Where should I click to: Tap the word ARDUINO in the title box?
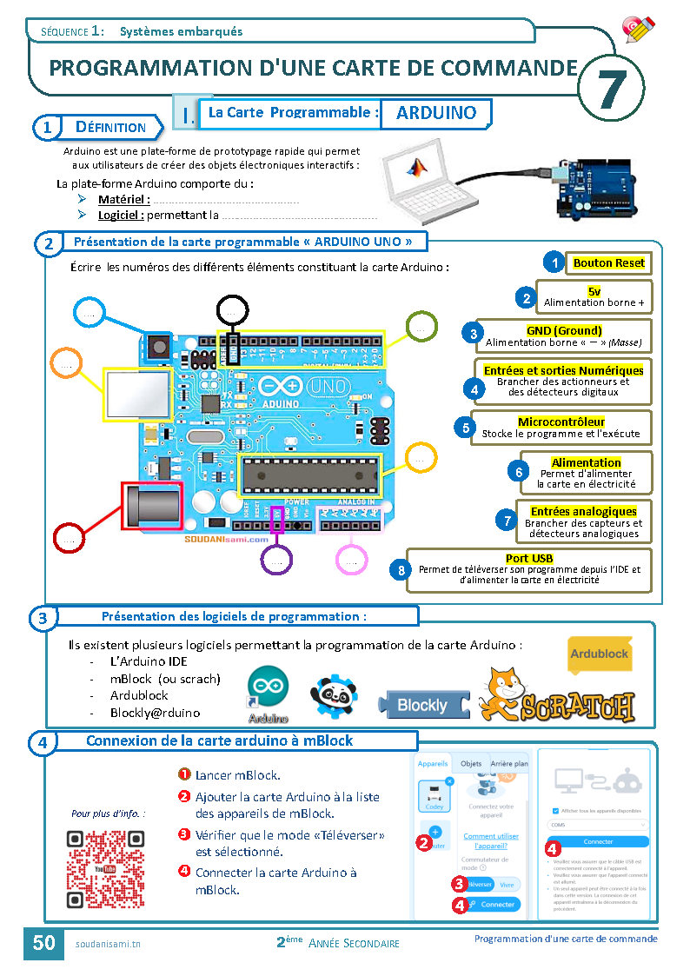[436, 113]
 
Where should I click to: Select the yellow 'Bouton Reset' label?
[608, 262]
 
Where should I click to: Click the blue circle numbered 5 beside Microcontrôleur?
[467, 428]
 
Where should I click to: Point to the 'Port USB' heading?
[529, 558]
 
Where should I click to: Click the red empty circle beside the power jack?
[68, 538]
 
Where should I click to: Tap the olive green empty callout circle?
[421, 327]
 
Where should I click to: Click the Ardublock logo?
[599, 654]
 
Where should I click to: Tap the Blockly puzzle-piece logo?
[423, 705]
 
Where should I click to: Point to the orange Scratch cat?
[501, 693]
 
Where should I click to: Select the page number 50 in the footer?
[43, 942]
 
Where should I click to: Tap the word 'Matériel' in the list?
[123, 199]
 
